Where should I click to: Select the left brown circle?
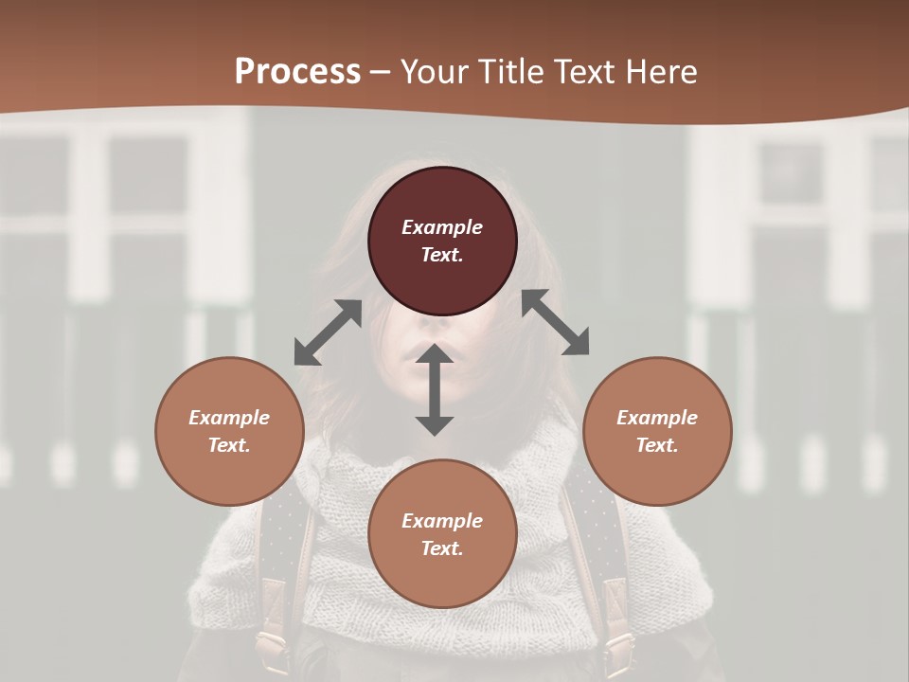click(229, 431)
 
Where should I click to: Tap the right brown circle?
click(657, 431)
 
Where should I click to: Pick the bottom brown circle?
click(442, 534)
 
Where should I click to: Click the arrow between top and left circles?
click(328, 332)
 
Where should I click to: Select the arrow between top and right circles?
click(556, 322)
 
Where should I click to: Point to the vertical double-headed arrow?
click(435, 389)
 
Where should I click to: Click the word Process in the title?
click(297, 71)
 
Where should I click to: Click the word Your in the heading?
click(432, 71)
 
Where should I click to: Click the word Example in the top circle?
click(442, 227)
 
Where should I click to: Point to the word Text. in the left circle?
click(229, 445)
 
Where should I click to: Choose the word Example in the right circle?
click(657, 418)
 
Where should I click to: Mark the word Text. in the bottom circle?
click(442, 548)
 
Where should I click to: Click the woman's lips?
click(427, 358)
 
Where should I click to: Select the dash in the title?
click(381, 72)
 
